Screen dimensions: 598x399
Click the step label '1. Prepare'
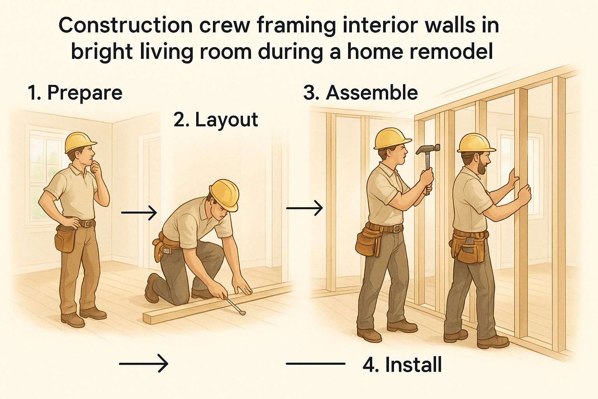[75, 93]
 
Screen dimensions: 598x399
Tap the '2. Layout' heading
[216, 120]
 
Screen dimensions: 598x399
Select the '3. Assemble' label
[361, 93]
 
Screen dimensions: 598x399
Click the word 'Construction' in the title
[125, 26]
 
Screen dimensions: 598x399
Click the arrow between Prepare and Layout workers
[139, 213]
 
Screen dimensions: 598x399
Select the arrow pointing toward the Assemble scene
[304, 208]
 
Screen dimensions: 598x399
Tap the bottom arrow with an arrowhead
[144, 364]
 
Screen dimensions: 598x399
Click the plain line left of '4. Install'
[316, 364]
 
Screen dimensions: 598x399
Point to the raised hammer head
[428, 149]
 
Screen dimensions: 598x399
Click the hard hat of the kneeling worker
[225, 194]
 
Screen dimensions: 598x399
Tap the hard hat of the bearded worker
[476, 143]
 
